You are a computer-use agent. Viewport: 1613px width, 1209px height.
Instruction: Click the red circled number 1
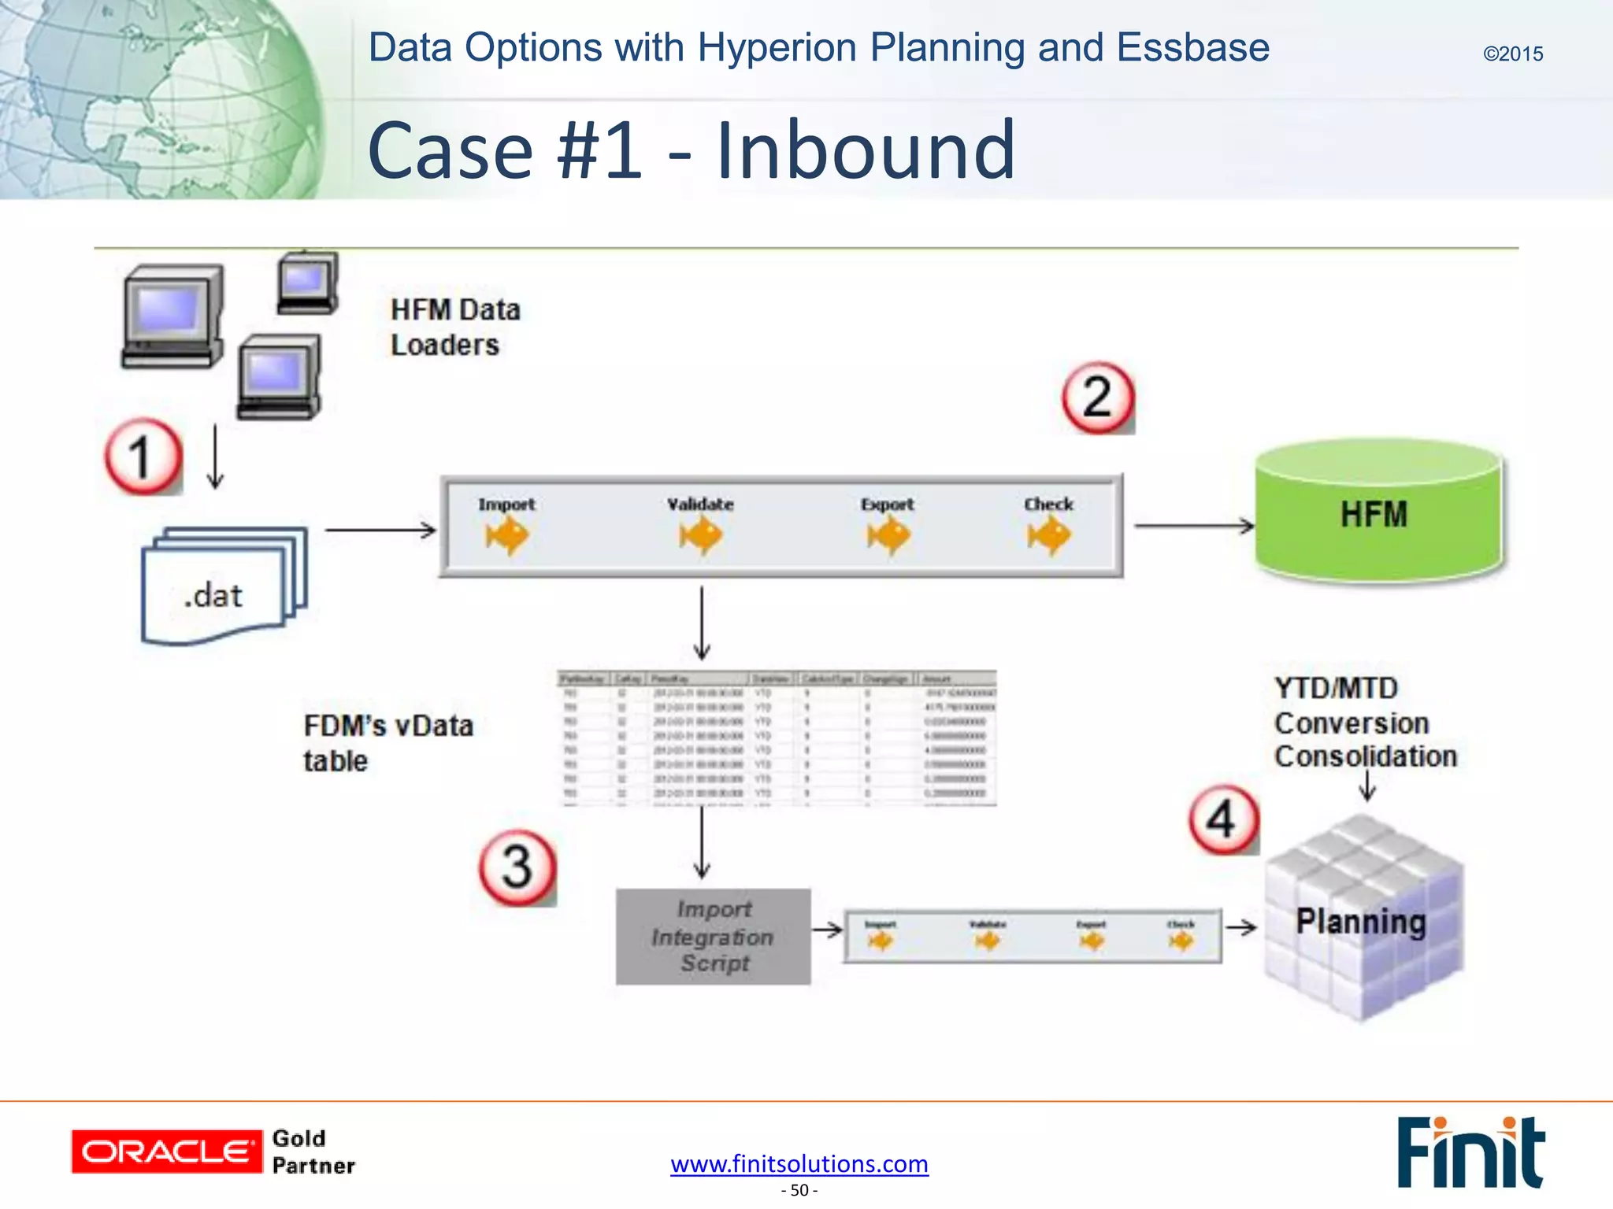[x=143, y=457]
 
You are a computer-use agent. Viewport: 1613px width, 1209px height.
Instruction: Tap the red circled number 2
[x=1097, y=397]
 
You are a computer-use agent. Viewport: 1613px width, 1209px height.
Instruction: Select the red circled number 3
[x=517, y=867]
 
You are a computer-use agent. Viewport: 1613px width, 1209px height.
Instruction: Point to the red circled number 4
[x=1222, y=819]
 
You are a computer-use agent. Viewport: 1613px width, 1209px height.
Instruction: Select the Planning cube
[x=1363, y=921]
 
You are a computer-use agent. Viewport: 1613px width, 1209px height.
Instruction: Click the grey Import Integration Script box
[x=713, y=937]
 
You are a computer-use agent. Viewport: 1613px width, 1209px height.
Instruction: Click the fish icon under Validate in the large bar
[x=700, y=537]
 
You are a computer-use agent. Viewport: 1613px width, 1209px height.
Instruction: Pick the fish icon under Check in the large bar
[x=1048, y=537]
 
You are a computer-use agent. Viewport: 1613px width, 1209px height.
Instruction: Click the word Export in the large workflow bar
[x=887, y=504]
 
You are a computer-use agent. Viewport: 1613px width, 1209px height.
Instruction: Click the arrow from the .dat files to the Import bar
[x=380, y=530]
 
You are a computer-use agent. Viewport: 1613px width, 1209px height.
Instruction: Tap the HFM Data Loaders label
[x=454, y=327]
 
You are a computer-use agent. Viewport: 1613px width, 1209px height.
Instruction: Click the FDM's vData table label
[x=387, y=743]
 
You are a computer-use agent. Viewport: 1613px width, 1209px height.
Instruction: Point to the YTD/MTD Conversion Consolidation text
[x=1364, y=723]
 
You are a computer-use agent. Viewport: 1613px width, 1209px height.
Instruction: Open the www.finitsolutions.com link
[x=799, y=1163]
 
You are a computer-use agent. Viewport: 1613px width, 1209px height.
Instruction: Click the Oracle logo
[x=166, y=1152]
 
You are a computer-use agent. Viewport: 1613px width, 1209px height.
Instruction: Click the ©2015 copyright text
[x=1512, y=54]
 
